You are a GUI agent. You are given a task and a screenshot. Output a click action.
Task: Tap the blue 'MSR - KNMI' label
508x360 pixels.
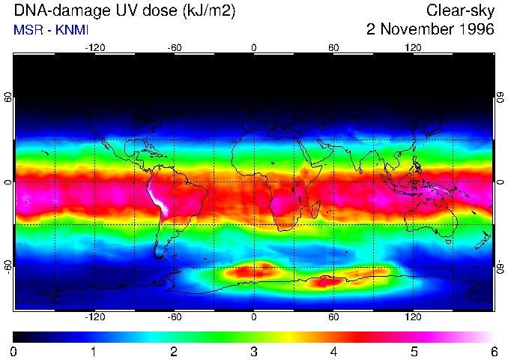pyautogui.click(x=51, y=31)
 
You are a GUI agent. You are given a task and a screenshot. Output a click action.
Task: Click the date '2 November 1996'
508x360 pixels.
pyautogui.click(x=430, y=30)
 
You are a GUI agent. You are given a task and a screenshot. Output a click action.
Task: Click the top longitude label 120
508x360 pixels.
pyautogui.click(x=414, y=47)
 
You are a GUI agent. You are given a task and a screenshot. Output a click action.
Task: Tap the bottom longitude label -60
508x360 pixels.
pyautogui.click(x=174, y=317)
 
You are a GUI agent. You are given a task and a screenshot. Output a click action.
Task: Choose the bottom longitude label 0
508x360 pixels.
pyautogui.click(x=254, y=317)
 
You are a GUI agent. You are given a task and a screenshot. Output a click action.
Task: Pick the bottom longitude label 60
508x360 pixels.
pyautogui.click(x=333, y=317)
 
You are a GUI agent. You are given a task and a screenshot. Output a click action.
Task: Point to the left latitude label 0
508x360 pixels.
pyautogui.click(x=8, y=182)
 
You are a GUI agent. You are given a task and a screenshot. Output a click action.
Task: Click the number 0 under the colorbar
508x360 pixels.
pyautogui.click(x=14, y=351)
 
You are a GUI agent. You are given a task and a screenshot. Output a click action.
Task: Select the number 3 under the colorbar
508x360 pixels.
pyautogui.click(x=254, y=351)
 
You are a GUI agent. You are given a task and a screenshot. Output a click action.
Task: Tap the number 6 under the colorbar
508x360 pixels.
pyautogui.click(x=493, y=351)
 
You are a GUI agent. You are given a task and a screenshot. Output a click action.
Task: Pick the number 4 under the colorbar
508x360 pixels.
pyautogui.click(x=333, y=351)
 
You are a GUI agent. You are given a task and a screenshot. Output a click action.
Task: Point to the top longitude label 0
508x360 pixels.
pyautogui.click(x=254, y=47)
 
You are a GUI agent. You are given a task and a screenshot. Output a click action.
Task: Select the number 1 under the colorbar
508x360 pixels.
pyautogui.click(x=94, y=351)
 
